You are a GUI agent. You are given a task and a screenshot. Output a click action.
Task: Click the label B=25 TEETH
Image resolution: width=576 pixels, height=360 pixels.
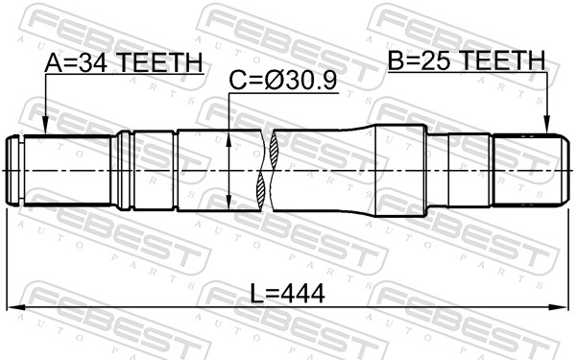(466, 62)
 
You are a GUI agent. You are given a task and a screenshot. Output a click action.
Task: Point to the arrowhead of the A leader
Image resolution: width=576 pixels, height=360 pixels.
(46, 132)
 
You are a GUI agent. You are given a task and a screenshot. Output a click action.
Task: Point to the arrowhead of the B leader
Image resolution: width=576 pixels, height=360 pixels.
(547, 132)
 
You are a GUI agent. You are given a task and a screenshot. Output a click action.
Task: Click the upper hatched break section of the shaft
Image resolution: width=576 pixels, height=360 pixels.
(276, 149)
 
